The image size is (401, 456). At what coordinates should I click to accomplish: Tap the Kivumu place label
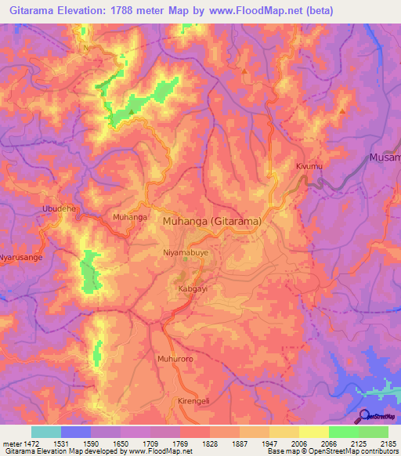(x=309, y=167)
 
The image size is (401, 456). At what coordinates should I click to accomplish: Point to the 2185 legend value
(x=388, y=443)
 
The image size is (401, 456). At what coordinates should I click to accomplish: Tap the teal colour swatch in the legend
(x=45, y=432)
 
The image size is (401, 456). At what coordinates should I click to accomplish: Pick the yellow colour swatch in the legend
(x=313, y=432)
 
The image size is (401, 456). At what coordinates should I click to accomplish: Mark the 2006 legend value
(x=298, y=443)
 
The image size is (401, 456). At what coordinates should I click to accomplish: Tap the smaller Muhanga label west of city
(x=130, y=216)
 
